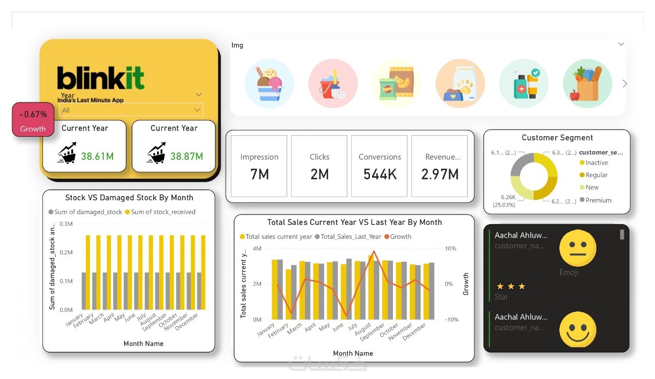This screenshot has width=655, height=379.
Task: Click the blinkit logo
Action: (x=100, y=78)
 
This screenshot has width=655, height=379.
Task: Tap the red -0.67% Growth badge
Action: (x=33, y=120)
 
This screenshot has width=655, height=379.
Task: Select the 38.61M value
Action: (x=97, y=156)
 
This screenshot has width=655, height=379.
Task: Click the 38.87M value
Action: (x=186, y=156)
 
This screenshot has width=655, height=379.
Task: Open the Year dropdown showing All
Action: (x=131, y=110)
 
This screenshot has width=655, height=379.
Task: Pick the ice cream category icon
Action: (x=269, y=83)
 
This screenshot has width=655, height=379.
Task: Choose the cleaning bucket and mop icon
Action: (x=333, y=83)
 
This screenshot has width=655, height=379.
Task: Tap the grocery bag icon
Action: (x=587, y=83)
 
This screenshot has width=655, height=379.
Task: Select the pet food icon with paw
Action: (x=460, y=83)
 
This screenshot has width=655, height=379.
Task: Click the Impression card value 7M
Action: (x=259, y=175)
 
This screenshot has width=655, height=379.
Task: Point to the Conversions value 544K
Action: (x=380, y=175)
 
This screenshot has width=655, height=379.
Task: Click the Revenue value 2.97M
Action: (x=440, y=175)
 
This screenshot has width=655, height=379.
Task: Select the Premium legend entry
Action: (x=598, y=200)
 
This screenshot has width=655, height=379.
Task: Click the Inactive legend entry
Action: (x=597, y=163)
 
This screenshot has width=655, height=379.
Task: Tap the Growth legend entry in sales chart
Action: (x=401, y=237)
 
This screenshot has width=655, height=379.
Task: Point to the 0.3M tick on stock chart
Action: (x=66, y=224)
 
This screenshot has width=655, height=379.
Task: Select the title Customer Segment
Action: (x=557, y=138)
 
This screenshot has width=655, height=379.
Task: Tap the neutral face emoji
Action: (x=578, y=248)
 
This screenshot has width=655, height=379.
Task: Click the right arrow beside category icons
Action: (x=624, y=83)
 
